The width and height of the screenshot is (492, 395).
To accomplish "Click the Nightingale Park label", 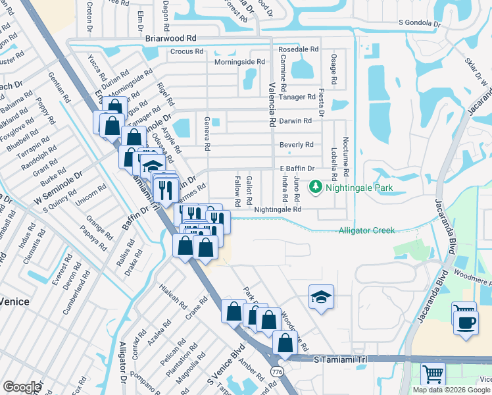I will click(360, 188).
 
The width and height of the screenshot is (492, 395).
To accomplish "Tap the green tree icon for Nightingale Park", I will click(316, 188).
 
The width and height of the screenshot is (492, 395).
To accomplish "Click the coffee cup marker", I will click(466, 323).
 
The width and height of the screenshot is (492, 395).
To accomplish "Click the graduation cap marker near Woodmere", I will click(321, 298).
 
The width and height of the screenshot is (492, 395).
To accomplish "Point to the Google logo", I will click(21, 387).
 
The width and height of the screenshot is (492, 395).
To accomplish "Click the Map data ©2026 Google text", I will click(451, 390).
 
